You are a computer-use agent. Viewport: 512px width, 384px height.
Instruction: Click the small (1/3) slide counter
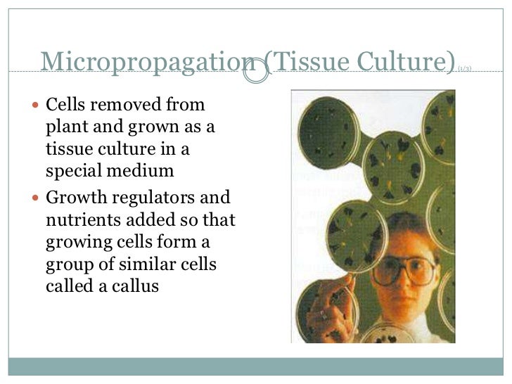coord(464,69)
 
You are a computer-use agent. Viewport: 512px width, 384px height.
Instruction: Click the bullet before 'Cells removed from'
coord(38,106)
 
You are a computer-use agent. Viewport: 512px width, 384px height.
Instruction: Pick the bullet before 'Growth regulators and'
coord(38,197)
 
